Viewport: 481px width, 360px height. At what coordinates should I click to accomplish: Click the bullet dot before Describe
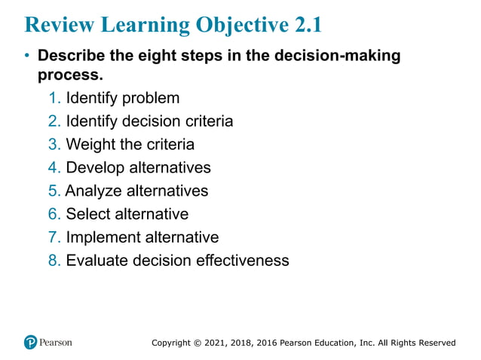27,56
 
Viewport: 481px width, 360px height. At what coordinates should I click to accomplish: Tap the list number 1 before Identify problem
53,98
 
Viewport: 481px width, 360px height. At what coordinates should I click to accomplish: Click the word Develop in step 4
94,168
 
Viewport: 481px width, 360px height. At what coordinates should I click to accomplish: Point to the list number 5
53,191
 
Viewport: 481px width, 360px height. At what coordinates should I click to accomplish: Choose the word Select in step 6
87,215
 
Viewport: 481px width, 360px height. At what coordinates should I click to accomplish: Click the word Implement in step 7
101,238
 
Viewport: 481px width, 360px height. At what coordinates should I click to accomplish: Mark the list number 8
53,261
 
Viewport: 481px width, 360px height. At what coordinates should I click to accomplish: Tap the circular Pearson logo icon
31,342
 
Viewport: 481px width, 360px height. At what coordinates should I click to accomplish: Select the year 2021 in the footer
216,343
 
